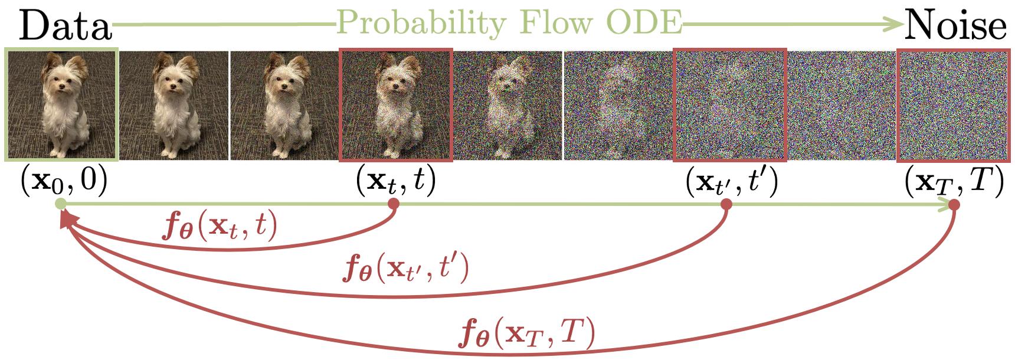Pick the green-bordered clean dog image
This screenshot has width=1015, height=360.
[62, 104]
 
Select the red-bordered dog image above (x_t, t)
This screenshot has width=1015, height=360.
[397, 104]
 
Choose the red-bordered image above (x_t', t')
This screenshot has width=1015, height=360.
[731, 104]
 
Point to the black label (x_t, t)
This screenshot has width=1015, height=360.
[395, 181]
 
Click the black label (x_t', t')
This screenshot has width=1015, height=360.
[731, 181]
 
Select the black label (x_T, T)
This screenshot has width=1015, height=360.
[954, 181]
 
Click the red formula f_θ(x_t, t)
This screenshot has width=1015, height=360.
[219, 227]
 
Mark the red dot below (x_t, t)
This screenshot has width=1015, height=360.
[394, 204]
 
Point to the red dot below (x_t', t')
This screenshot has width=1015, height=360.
[727, 204]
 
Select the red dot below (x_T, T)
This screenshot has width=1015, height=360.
[954, 205]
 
